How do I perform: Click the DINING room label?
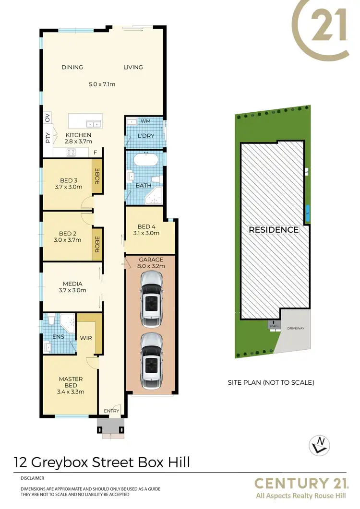[x=72, y=67]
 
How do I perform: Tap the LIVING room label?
[x=133, y=67]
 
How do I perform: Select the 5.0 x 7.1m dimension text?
[x=102, y=84]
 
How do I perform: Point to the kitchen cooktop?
[x=71, y=153]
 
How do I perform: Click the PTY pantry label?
[x=48, y=139]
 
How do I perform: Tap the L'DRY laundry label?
[x=145, y=136]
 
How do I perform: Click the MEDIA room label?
[x=72, y=283]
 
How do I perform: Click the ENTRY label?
[x=111, y=411]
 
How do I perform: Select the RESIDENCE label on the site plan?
[x=273, y=230]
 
